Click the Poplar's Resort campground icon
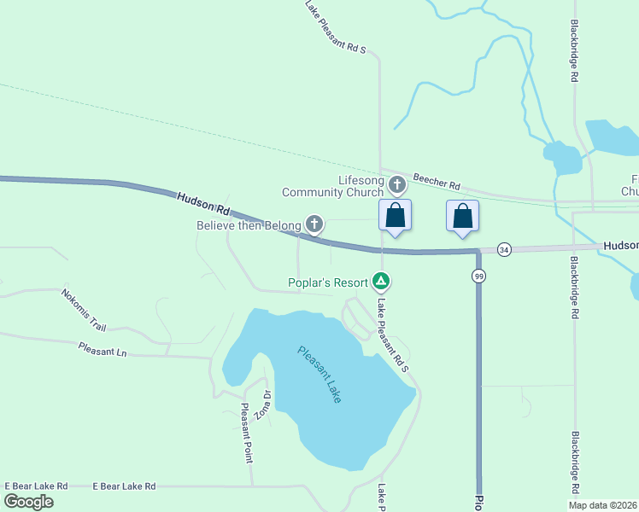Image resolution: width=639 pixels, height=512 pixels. click(381, 281)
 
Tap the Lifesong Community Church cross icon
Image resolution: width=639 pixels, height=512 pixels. click(397, 184)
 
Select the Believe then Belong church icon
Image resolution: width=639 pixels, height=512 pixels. click(314, 224)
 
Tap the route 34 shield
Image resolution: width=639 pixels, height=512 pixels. click(504, 249)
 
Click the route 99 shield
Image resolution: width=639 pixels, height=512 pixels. click(478, 276)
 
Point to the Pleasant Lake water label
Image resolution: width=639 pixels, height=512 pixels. click(319, 374)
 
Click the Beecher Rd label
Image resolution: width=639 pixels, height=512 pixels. click(437, 181)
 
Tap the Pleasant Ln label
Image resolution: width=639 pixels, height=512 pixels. click(102, 349)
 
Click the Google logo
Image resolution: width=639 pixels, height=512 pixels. click(29, 502)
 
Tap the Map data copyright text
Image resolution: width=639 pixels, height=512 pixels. click(602, 505)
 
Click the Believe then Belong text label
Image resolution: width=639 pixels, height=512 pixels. click(249, 225)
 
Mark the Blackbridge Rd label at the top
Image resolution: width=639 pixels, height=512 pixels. click(575, 51)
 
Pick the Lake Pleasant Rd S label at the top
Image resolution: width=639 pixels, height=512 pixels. click(335, 27)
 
